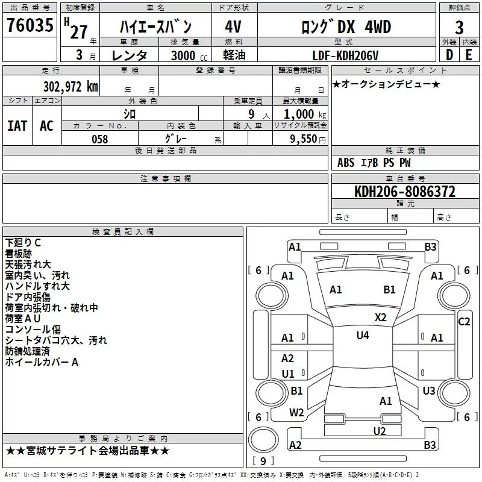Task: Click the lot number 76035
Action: (30, 25)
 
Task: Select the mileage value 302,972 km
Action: (70, 87)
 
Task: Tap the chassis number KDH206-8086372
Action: (405, 192)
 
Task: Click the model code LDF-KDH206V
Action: (345, 55)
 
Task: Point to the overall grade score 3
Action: (459, 28)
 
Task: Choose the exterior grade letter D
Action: (449, 55)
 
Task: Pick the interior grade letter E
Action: (469, 55)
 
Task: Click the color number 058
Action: (100, 139)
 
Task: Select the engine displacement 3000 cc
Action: (189, 55)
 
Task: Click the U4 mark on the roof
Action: (363, 336)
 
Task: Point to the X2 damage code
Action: (381, 318)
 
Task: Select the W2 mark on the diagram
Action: (296, 413)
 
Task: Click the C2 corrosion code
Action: (464, 322)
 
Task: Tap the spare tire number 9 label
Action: (263, 461)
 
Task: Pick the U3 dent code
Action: (429, 390)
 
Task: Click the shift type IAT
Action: (17, 126)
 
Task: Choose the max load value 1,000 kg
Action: (305, 114)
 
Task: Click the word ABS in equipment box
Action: (346, 163)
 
